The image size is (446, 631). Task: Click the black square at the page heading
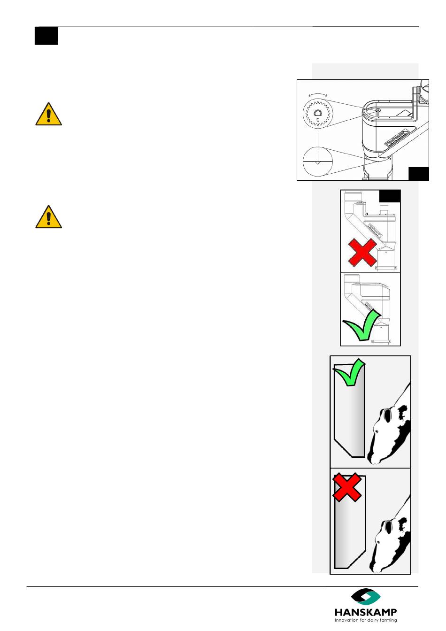tap(46, 36)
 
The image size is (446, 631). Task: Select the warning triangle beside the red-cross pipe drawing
tap(48, 217)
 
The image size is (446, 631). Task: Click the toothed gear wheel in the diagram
tap(317, 114)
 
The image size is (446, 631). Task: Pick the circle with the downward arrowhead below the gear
tap(318, 161)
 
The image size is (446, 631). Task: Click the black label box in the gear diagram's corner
tap(418, 173)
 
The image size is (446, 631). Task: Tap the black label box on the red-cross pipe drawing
tap(390, 196)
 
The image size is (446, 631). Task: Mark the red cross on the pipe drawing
tap(362, 252)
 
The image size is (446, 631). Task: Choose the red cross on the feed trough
tap(347, 487)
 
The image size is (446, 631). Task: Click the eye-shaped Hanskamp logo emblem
tap(366, 597)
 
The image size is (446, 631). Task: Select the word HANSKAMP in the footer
tap(365, 612)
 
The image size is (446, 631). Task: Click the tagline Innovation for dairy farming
tap(365, 620)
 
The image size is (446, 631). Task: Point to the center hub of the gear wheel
tap(317, 113)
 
